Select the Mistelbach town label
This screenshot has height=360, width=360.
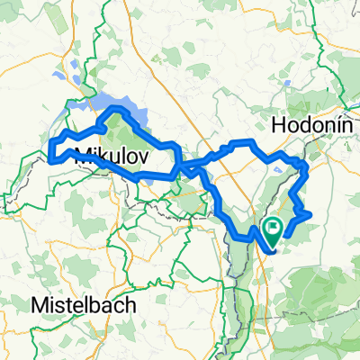pos(84,305)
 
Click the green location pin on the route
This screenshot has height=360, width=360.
pos(274,231)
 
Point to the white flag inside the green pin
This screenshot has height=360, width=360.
pos(274,228)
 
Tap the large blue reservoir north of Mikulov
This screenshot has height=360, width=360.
pos(126,111)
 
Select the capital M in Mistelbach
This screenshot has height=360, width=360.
pos(37,305)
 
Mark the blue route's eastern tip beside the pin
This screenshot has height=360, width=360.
pos(310,214)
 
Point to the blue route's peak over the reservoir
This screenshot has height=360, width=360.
pos(115,110)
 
